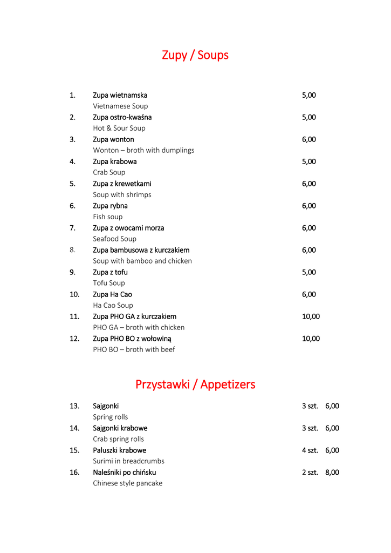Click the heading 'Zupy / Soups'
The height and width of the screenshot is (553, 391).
[195, 55]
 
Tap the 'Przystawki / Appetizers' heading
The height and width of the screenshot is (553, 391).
[195, 385]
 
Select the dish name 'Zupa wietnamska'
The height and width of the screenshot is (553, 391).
[120, 95]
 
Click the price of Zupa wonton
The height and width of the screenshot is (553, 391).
[308, 139]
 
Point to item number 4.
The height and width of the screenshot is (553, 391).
[72, 161]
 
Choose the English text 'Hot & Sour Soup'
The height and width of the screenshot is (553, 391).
[119, 128]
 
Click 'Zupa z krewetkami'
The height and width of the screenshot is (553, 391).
[122, 184]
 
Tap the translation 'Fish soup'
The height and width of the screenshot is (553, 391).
[108, 217]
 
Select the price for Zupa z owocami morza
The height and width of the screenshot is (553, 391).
[308, 228]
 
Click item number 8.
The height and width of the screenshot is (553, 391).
[72, 250]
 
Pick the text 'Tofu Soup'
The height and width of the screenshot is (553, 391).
[109, 283]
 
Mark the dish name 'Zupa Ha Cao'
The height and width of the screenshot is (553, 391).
[112, 294]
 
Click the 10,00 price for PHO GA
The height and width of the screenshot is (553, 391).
[311, 316]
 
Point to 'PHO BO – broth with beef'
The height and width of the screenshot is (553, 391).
[134, 349]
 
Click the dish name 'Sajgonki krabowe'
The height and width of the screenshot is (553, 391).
[120, 428]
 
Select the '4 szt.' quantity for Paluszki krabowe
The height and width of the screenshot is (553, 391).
[310, 450]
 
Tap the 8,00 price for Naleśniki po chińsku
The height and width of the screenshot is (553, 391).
[332, 473]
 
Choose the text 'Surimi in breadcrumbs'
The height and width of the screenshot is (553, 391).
[128, 461]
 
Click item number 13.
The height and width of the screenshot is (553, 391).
[74, 406]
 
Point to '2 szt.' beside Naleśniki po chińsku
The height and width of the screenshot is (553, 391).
[310, 473]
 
